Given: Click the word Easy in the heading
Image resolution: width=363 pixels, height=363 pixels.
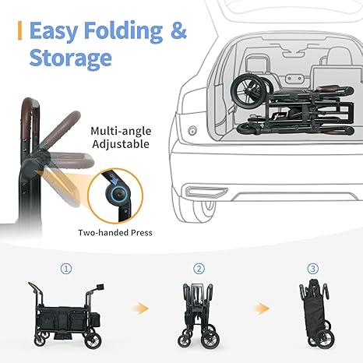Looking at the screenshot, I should coord(56,31).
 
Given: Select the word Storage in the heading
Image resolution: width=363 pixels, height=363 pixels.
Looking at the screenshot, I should coord(70,58).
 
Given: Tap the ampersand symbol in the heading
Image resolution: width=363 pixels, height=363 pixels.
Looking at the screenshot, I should coord(178,31).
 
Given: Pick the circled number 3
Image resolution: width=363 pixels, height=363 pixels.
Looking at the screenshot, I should coord(312,268).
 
